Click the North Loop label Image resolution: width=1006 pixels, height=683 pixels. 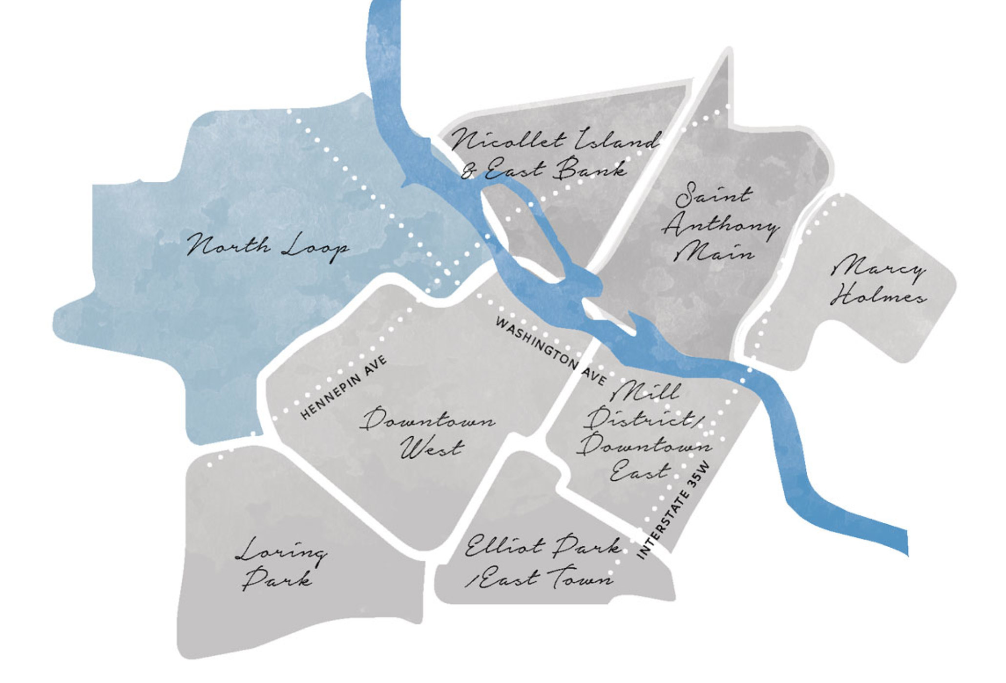click(x=268, y=246)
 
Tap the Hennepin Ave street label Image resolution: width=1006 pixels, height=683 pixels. click(x=343, y=387)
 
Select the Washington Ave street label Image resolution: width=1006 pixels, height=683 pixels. click(x=551, y=351)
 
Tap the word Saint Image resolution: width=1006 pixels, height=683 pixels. click(x=713, y=195)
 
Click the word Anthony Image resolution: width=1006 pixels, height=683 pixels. click(x=720, y=225)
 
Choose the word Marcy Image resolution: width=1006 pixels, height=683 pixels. click(x=879, y=267)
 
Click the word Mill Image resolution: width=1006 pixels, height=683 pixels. click(x=646, y=390)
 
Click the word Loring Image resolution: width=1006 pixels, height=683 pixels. click(x=281, y=552)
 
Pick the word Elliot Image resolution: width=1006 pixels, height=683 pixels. click(x=503, y=547)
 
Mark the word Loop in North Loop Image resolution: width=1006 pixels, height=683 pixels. click(x=314, y=248)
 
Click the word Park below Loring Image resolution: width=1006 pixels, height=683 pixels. click(x=277, y=579)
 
